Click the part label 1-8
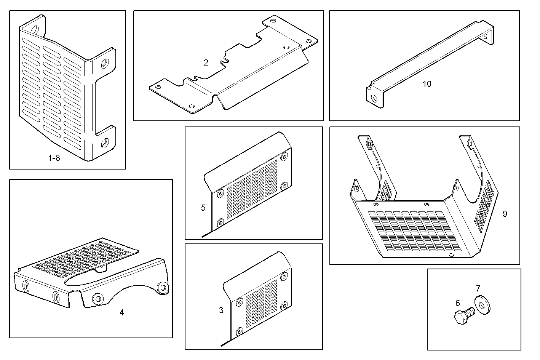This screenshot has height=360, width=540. pyautogui.click(x=54, y=158)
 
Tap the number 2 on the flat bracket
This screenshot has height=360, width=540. pyautogui.click(x=206, y=63)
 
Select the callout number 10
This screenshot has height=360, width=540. pyautogui.click(x=427, y=84)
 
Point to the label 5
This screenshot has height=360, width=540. pyautogui.click(x=203, y=208)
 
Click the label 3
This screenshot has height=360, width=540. pyautogui.click(x=221, y=310)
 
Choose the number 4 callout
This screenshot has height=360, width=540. pyautogui.click(x=121, y=312)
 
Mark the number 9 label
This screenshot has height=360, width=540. pyautogui.click(x=505, y=214)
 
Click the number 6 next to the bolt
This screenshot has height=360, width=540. pyautogui.click(x=458, y=303)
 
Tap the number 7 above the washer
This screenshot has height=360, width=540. pyautogui.click(x=478, y=288)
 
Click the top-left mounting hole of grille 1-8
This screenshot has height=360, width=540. pyautogui.click(x=35, y=29)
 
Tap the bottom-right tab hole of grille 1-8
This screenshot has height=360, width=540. pyautogui.click(x=105, y=144)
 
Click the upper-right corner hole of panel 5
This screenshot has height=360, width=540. pyautogui.click(x=284, y=157)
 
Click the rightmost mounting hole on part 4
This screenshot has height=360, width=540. pyautogui.click(x=163, y=287)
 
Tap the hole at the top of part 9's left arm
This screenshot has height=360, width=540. pyautogui.click(x=369, y=144)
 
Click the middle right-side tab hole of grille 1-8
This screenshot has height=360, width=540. pyautogui.click(x=104, y=64)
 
